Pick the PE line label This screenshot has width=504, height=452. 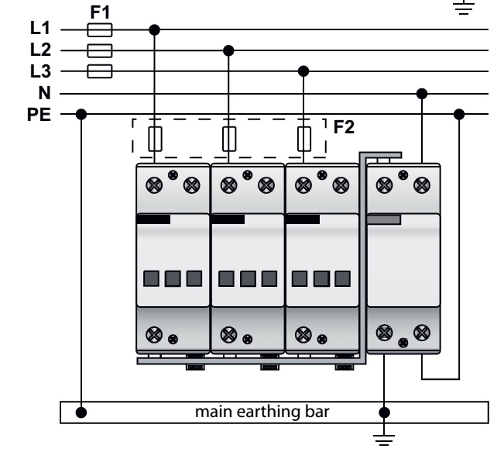coord(39,115)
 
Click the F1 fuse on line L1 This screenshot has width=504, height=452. coord(101,30)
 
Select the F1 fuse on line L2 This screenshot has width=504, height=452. coord(101,51)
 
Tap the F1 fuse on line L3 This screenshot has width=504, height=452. coord(101,72)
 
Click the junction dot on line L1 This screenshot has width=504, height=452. coord(155,30)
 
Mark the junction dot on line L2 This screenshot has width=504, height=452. coord(228,51)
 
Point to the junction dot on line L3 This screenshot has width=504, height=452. coord(303,72)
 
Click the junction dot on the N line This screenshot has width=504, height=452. coord(421,94)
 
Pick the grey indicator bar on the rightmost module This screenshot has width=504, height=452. coord(383,219)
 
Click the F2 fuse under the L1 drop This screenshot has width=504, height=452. coord(155,139)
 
